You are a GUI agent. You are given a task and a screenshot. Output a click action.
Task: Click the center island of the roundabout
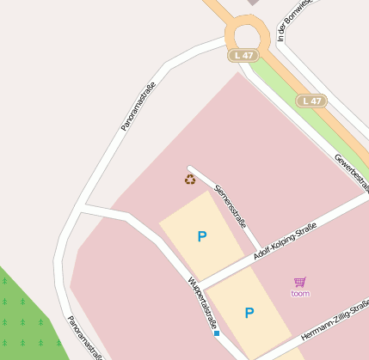point(246,35)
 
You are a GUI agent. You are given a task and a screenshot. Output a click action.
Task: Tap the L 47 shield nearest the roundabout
point(243,56)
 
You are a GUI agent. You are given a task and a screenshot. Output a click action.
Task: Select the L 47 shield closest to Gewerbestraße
point(311,101)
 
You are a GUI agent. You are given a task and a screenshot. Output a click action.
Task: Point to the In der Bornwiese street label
point(284,21)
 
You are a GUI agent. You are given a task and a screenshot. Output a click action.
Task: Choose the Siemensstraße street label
point(231,204)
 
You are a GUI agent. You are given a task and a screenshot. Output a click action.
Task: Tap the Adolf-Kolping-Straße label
point(286,243)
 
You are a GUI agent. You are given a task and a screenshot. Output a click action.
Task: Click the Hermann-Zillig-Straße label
point(335,320)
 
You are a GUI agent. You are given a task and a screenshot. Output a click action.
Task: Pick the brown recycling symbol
point(190,179)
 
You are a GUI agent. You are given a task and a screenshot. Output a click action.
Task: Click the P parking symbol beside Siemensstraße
point(202,236)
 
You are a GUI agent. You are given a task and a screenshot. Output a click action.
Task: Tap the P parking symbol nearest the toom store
point(249,313)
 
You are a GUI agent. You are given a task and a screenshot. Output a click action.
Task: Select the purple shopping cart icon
point(299,282)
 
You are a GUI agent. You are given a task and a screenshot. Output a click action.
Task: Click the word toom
point(300,294)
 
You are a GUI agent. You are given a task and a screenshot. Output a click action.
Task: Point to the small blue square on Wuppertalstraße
point(217,333)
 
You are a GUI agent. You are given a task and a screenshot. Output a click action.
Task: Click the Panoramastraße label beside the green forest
point(84,337)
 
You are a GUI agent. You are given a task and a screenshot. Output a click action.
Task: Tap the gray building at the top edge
point(253,3)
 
